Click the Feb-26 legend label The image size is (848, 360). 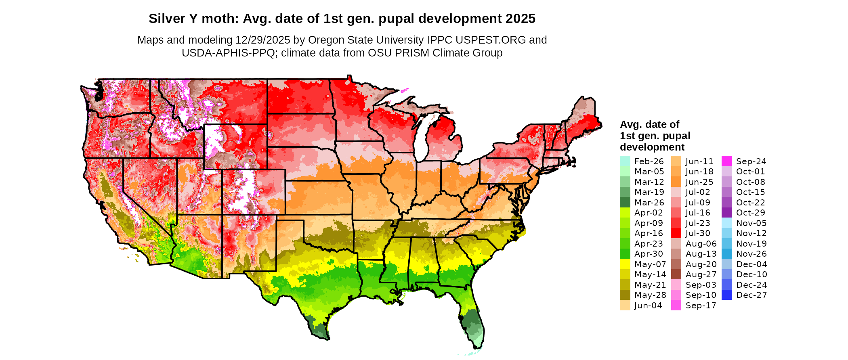point(649,161)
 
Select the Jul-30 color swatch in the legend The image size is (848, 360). point(676,233)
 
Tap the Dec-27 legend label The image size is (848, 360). point(751,295)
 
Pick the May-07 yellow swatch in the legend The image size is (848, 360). point(625,264)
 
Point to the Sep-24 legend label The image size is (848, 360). point(751,161)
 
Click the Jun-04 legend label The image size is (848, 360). point(648,306)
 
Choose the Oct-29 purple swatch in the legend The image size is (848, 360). point(726,213)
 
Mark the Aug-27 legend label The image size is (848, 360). point(701,274)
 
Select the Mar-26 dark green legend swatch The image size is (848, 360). point(625,203)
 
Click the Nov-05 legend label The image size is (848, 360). point(751,223)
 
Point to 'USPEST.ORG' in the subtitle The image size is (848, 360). point(491,40)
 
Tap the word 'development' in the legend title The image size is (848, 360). point(652,147)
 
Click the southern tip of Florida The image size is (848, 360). point(476,346)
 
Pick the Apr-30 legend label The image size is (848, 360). point(649,254)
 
